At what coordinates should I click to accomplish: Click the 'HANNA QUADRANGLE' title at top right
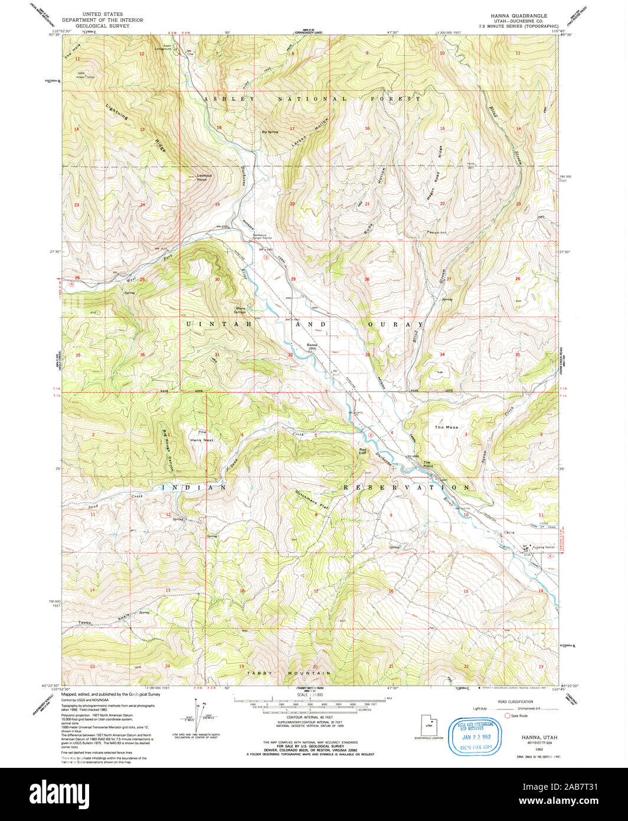(511, 16)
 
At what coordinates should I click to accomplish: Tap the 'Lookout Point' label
(205, 177)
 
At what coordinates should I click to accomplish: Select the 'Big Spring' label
(270, 132)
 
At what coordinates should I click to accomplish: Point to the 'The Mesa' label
(446, 427)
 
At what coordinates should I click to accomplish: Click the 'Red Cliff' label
(363, 451)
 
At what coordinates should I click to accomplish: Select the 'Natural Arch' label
(439, 232)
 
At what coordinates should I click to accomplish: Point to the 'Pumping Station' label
(543, 548)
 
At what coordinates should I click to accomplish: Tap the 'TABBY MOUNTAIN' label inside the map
(289, 673)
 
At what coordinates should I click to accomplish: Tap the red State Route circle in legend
(506, 716)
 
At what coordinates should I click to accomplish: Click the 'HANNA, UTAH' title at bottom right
(538, 738)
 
